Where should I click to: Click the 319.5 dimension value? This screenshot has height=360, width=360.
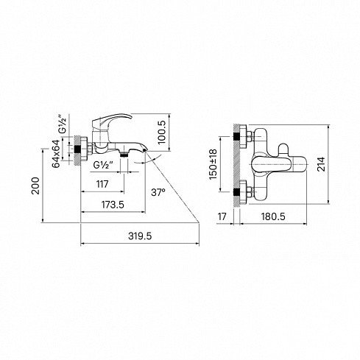pyautogui.click(x=140, y=236)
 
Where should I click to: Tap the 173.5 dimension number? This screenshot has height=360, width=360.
pyautogui.click(x=113, y=205)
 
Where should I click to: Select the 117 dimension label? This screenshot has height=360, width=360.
pyautogui.click(x=102, y=184)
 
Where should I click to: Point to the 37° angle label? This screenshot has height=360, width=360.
pyautogui.click(x=158, y=192)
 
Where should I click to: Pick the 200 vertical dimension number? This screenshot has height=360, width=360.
pyautogui.click(x=35, y=186)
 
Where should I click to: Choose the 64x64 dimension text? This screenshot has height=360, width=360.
pyautogui.click(x=56, y=154)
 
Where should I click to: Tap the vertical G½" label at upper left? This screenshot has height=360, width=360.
pyautogui.click(x=63, y=124)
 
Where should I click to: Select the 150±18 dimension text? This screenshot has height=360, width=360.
pyautogui.click(x=213, y=164)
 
